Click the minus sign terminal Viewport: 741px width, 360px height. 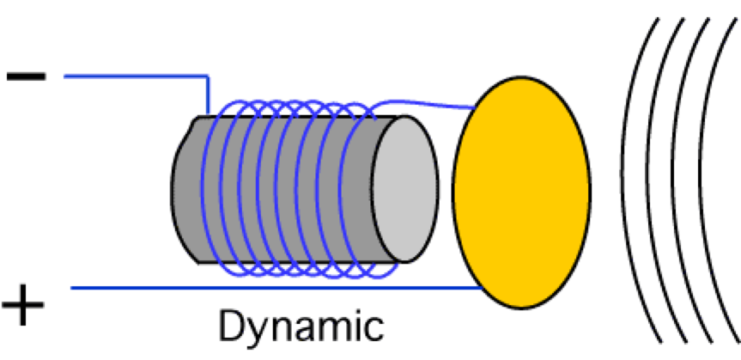tap(26, 76)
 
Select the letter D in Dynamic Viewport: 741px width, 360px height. tap(231, 326)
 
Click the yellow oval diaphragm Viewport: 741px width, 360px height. tap(521, 192)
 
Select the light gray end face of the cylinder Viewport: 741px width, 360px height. tap(404, 189)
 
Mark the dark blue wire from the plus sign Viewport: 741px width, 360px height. tap(258, 287)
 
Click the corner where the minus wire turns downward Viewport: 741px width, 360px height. tap(209, 77)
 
